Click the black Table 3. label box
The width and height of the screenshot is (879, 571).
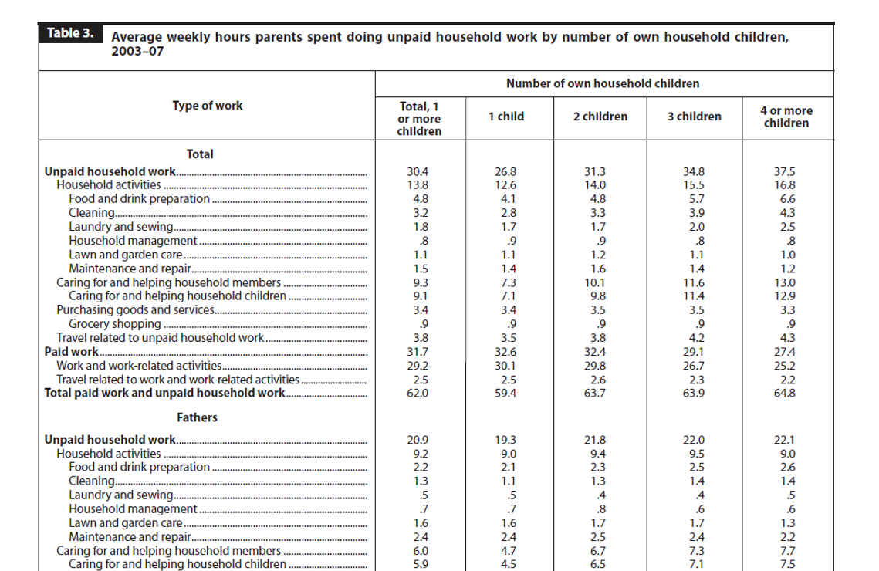click(71, 33)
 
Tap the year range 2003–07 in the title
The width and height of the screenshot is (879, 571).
click(137, 52)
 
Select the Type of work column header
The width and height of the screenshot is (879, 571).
click(208, 106)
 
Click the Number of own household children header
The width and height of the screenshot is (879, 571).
click(603, 83)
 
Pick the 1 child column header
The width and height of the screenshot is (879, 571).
click(506, 117)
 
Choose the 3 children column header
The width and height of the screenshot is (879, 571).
click(694, 117)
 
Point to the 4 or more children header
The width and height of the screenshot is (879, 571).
click(786, 117)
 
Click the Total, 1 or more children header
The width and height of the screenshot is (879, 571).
click(419, 119)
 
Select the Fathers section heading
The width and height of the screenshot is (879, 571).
click(197, 417)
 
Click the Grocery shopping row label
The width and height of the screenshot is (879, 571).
click(115, 324)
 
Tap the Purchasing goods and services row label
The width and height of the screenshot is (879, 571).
click(135, 310)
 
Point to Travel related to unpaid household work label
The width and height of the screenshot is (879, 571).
click(160, 338)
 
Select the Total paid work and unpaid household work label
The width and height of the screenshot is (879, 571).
click(165, 393)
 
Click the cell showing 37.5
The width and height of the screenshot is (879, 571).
click(785, 171)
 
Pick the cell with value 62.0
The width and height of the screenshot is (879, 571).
click(418, 393)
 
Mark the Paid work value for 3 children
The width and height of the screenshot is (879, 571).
click(694, 352)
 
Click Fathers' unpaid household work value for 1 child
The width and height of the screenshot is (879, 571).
click(505, 440)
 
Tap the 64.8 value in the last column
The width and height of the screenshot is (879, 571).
click(785, 393)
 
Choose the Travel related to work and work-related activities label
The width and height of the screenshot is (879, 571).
click(177, 380)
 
